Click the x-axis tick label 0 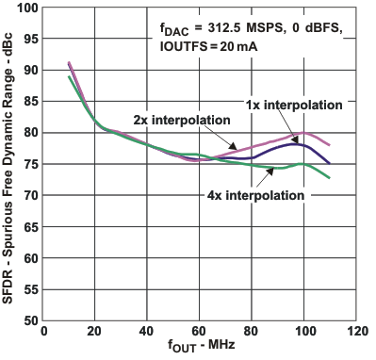point(43,332)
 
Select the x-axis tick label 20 point(95,332)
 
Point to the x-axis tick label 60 point(200,332)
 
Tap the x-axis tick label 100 point(303,332)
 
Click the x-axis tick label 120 point(355,332)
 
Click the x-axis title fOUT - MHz point(199,348)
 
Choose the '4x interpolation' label point(255,196)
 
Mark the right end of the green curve point(330,177)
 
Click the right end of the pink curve point(330,145)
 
